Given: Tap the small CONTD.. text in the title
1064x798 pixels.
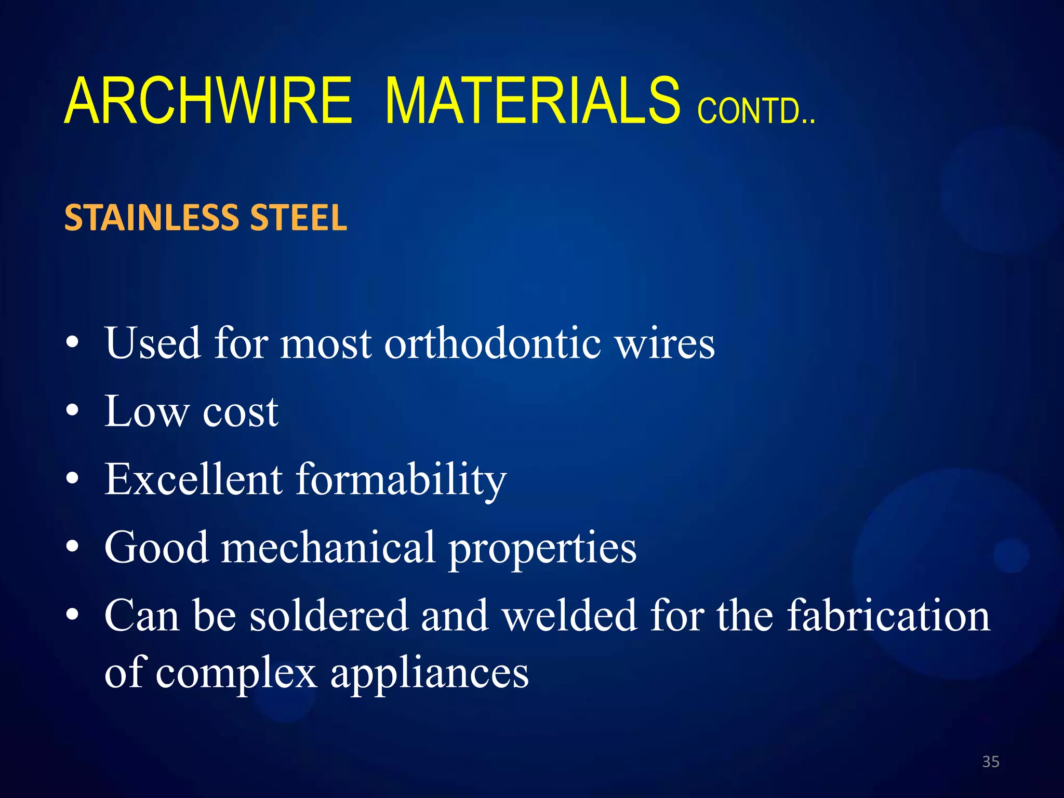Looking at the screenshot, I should point(756,110).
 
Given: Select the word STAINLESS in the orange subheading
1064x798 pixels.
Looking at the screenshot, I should point(153,218).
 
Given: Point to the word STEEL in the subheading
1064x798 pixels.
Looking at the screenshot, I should point(298,218).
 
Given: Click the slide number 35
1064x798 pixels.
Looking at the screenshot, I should point(991,762).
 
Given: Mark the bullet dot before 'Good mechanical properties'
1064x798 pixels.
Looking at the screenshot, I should point(73,547).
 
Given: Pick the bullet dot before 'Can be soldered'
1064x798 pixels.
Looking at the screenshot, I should point(73,615).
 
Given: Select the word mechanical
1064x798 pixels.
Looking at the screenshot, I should point(328,548).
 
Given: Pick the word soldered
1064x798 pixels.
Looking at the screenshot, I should point(329,616).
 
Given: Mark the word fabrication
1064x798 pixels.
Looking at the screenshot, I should point(888,616).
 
